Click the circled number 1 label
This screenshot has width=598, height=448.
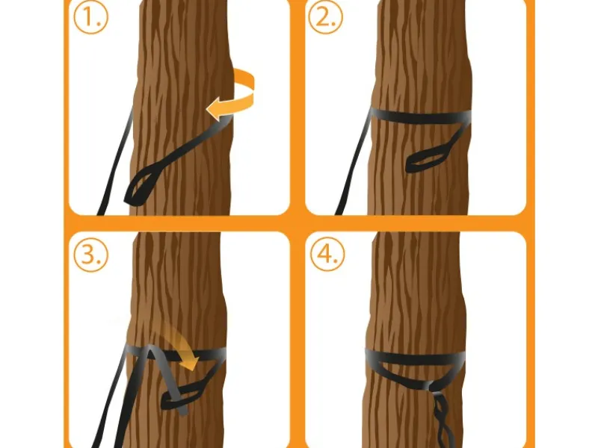coord(90,17)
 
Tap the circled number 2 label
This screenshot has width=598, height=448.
coord(325,17)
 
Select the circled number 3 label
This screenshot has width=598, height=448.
coord(90,255)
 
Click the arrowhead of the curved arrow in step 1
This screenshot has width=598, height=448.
coord(215,108)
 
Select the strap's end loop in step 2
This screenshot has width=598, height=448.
coord(424,160)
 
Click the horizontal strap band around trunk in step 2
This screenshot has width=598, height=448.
coord(419,116)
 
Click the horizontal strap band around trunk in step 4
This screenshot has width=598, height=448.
coord(415,358)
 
